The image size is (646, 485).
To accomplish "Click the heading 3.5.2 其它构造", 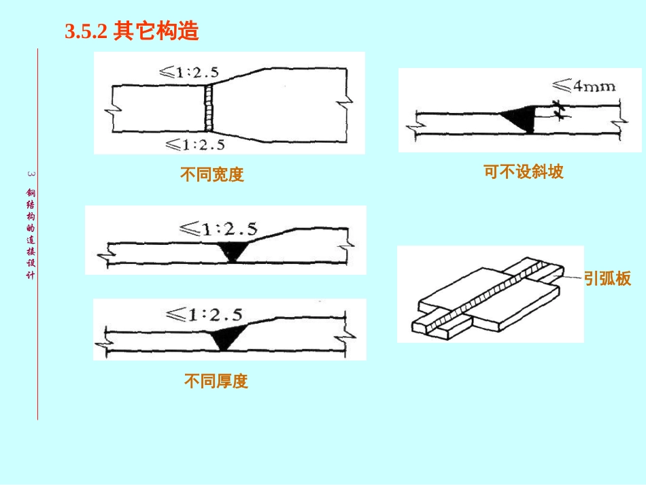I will point(131,32).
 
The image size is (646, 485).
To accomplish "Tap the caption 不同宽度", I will point(211,175).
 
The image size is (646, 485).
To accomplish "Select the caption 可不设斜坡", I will point(524,171).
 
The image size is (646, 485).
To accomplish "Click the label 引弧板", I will point(607,278).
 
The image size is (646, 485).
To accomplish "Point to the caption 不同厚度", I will point(216,381).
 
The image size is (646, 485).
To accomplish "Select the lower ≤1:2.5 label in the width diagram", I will point(195,144).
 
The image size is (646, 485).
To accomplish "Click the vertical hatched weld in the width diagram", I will point(211,107).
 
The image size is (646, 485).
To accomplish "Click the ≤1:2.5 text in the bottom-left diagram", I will point(204,315).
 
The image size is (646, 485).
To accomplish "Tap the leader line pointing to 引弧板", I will point(572,277).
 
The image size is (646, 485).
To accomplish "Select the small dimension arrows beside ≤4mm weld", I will point(559,110).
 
